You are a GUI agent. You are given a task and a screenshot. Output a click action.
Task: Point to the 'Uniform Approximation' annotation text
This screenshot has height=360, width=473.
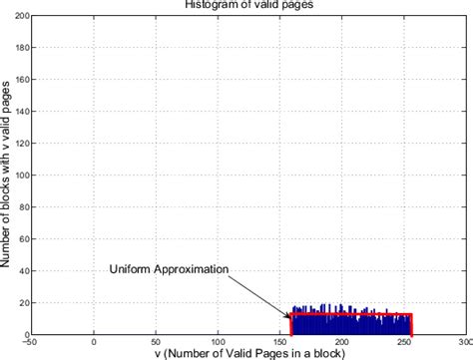(x=170, y=269)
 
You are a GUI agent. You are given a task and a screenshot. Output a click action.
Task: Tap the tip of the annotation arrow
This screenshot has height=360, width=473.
(x=290, y=318)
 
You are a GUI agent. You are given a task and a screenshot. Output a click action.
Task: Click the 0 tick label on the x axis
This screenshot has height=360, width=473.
(x=94, y=342)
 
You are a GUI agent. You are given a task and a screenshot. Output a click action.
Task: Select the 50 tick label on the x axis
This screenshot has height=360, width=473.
(x=156, y=342)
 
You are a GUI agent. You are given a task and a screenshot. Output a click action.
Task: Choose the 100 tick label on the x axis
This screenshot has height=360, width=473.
(x=218, y=342)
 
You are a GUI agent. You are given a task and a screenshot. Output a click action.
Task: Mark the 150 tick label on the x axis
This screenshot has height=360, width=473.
(x=279, y=342)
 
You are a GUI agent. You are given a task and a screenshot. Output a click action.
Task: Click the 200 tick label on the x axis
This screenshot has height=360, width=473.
(x=341, y=342)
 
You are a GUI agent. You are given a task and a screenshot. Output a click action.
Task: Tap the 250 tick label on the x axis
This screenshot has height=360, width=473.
(x=403, y=342)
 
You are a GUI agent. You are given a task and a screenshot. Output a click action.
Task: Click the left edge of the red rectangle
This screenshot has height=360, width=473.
(x=290, y=325)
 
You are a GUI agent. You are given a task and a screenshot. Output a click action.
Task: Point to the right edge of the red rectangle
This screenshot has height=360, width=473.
(x=411, y=325)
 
